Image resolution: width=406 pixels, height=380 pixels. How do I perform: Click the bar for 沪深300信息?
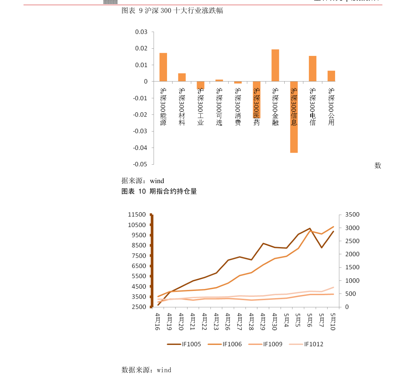(x=294, y=117)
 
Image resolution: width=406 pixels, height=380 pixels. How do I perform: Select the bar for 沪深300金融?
(x=275, y=65)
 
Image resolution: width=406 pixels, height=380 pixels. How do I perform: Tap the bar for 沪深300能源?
(x=163, y=67)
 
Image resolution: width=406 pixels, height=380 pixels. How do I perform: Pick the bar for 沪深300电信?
(x=313, y=69)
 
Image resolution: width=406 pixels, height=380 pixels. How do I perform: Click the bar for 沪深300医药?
(x=256, y=100)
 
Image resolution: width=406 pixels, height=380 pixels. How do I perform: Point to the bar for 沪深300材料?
(x=182, y=77)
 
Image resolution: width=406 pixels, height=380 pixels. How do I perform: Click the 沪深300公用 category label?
(x=331, y=107)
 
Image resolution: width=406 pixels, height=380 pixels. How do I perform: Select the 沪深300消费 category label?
(x=238, y=107)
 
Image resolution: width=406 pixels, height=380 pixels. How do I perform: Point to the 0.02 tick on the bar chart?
(x=141, y=48)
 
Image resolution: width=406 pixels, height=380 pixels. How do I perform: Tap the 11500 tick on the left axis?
(x=137, y=215)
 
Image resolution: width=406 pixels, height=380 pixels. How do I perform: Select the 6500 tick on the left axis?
(x=138, y=266)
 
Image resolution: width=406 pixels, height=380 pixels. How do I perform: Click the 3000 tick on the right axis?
(x=352, y=228)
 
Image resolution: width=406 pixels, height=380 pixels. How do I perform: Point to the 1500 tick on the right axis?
(x=352, y=267)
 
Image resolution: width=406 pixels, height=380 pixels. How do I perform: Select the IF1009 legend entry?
(x=266, y=344)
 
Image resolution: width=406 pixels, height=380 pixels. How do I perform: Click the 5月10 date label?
(x=333, y=322)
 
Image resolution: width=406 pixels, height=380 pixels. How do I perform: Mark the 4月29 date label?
(x=262, y=322)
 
